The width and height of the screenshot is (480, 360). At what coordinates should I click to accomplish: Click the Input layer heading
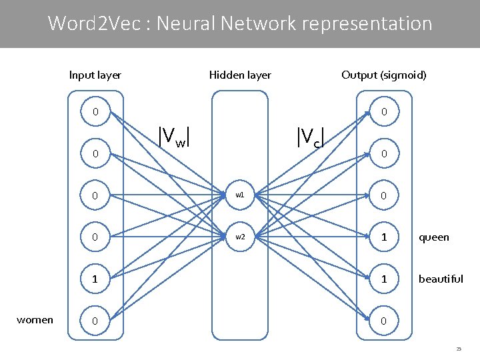[x=95, y=75]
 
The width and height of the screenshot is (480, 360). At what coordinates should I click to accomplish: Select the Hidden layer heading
[x=240, y=75]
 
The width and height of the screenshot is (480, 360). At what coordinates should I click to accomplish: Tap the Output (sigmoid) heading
[x=383, y=75]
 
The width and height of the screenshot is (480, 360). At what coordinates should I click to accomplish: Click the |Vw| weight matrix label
[x=175, y=135]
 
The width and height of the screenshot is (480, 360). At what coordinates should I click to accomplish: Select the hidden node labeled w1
[x=240, y=196]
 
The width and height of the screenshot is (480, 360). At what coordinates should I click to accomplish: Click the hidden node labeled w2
[x=240, y=237]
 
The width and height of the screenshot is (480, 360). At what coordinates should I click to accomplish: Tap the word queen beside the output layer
[x=433, y=237]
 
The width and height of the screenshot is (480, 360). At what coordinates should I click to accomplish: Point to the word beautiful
[x=441, y=279]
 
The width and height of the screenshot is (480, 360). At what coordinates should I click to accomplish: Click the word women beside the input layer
[x=35, y=320]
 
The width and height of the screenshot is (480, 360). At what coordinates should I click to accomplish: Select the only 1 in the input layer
[x=95, y=279]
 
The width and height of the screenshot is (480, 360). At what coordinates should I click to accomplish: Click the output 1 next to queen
[x=383, y=237]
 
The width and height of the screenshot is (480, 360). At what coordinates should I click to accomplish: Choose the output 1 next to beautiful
[x=383, y=279]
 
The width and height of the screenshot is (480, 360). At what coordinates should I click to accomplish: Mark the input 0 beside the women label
[x=95, y=321]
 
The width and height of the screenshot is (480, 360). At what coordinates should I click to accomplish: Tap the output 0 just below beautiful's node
[x=383, y=321]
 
